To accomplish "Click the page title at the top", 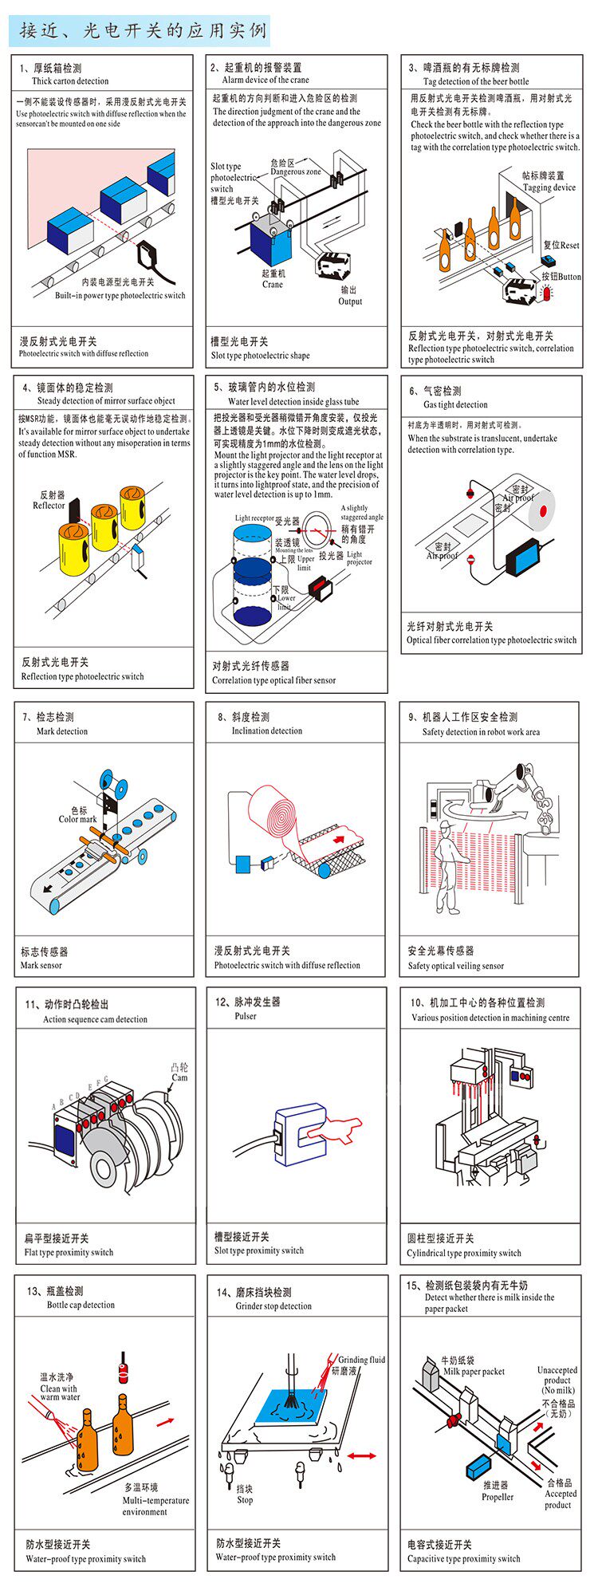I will (x=143, y=31).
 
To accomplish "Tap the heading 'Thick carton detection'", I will (x=70, y=81).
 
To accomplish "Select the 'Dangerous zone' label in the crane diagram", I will (x=295, y=171).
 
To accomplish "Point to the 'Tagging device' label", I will (x=549, y=187).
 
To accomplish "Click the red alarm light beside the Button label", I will (x=546, y=293).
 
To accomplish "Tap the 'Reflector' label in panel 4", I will (x=49, y=506).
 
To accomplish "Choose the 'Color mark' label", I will (x=77, y=819).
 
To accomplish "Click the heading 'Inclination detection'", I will (x=266, y=730).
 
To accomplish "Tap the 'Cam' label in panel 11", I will (x=179, y=1077).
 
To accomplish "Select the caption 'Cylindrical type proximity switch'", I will (x=463, y=1253).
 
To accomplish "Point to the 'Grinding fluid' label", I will (x=360, y=1360).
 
